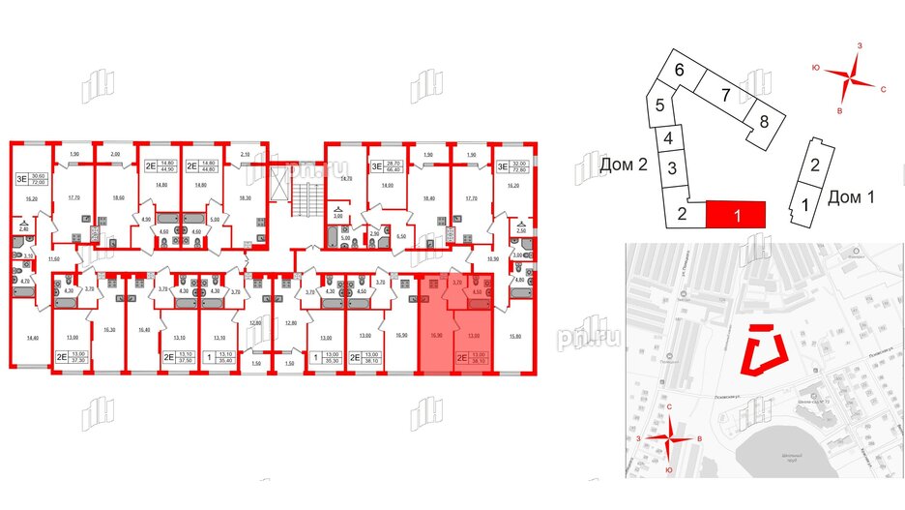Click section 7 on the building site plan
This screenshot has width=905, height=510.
723,95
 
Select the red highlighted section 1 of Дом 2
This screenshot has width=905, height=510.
737,214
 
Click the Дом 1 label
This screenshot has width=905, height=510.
852,197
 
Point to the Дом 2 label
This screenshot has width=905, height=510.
623,165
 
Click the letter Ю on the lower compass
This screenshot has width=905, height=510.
670,469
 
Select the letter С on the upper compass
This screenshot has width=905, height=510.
883,88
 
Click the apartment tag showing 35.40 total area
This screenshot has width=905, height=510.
224,359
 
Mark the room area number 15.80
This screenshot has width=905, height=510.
514,336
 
